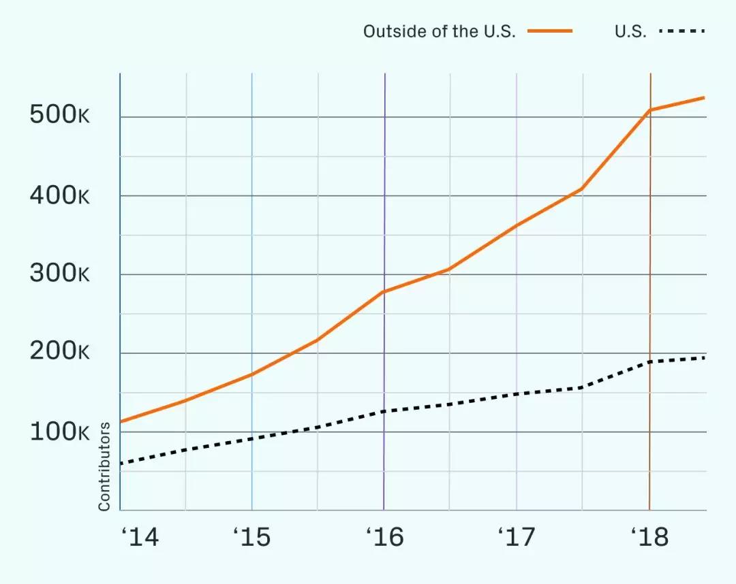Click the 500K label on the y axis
(60, 116)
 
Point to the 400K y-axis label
(60, 196)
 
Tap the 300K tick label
(60, 275)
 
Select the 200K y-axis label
(60, 353)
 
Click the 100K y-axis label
(60, 432)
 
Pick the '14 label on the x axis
(140, 538)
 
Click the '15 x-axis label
(251, 538)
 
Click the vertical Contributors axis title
(104, 467)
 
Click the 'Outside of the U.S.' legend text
(440, 32)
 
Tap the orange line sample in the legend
(550, 31)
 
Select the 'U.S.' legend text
(630, 32)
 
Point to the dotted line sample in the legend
(682, 31)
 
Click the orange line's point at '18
(650, 110)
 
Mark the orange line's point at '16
(384, 292)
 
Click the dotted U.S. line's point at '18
(650, 361)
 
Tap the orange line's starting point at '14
(121, 422)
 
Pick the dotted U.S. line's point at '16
(384, 411)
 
